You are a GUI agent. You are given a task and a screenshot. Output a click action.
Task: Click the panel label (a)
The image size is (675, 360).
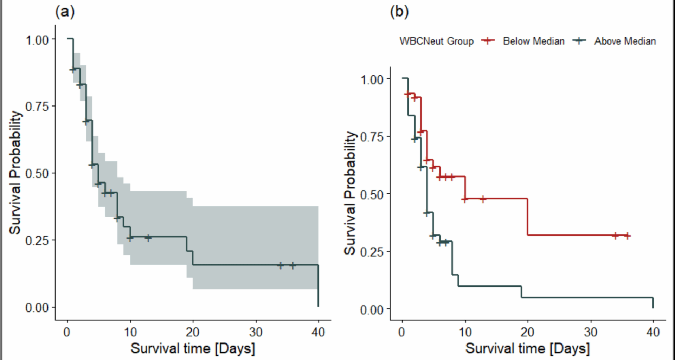65,12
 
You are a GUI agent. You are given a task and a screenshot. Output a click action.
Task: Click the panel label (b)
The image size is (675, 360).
399,12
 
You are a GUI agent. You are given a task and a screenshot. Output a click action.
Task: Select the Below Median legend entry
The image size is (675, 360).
533,41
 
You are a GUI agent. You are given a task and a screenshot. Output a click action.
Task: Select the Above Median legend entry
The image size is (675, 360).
625,41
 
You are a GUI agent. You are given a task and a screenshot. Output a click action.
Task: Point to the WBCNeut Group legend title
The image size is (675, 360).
436,41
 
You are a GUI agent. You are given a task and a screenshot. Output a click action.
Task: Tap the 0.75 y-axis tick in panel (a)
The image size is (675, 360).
37,106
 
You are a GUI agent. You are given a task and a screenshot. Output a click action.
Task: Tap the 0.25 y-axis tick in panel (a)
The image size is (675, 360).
37,240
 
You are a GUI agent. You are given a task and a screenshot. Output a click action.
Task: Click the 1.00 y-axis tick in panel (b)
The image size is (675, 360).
372,79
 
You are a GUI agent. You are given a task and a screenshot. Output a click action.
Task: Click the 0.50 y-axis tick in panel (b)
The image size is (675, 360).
372,194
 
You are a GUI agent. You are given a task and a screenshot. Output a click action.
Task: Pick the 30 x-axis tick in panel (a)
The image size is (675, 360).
256,332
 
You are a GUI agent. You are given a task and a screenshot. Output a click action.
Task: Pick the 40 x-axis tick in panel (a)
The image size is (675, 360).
318,332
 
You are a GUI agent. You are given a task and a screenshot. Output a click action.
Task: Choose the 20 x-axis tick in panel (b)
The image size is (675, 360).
527,332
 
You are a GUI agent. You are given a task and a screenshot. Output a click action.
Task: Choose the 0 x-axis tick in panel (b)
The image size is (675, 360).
402,332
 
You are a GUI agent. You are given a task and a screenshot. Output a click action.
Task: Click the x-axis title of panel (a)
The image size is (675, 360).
193,349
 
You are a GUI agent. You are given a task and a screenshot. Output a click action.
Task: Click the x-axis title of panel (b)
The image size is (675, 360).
527,349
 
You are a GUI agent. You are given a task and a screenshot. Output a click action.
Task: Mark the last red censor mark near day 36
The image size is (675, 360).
628,236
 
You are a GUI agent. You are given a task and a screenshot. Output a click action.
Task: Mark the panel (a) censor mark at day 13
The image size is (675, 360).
148,238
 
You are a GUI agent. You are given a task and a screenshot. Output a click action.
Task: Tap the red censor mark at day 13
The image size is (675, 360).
483,199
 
